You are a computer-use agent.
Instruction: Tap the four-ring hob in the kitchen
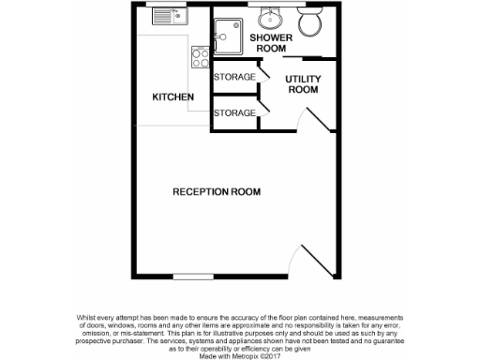click(200, 56)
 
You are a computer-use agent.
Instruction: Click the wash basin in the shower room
click(270, 17)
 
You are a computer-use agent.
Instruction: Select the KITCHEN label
click(173, 97)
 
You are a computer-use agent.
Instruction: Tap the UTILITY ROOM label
click(302, 85)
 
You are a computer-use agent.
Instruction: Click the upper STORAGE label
click(234, 77)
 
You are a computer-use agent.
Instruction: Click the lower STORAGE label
click(234, 112)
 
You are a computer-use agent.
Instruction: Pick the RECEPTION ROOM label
click(216, 192)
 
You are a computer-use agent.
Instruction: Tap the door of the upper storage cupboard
click(262, 73)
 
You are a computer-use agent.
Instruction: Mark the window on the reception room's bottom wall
click(193, 276)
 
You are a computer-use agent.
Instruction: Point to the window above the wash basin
click(270, 4)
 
